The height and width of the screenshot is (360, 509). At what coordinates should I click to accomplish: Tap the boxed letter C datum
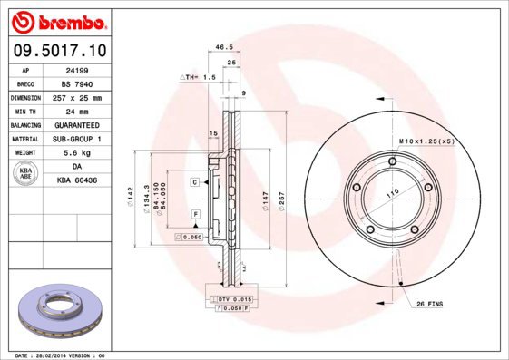[194, 183]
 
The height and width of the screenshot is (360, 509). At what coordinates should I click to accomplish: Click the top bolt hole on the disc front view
[391, 163]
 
